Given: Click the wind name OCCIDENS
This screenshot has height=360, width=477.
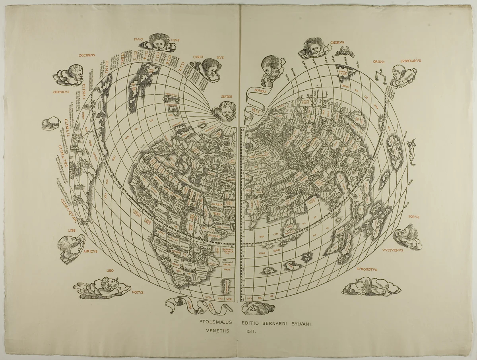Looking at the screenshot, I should click(86, 55).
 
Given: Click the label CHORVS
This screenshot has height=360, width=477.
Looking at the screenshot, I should click(337, 41).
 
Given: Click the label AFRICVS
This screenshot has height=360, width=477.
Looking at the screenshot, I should click(92, 251).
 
